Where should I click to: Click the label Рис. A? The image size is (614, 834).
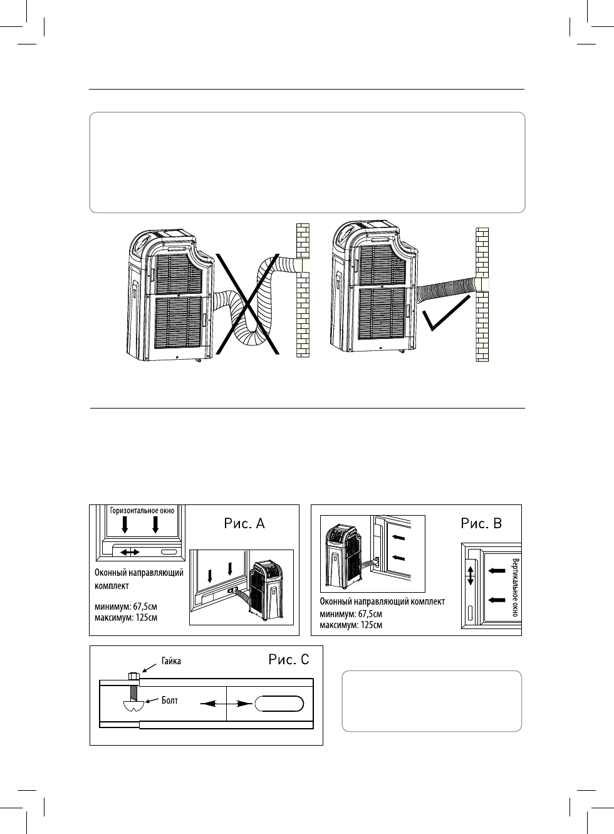244,523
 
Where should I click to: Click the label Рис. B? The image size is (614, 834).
481,523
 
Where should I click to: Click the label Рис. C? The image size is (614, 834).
289,659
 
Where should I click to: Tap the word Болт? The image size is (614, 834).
170,700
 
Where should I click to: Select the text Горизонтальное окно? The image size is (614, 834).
142,511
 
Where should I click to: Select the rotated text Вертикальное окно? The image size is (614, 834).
515,586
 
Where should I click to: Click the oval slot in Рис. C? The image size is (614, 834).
278,704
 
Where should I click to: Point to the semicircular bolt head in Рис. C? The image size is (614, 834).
133,706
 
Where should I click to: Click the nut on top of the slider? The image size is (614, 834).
132,675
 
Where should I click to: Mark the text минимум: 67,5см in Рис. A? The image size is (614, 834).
125,607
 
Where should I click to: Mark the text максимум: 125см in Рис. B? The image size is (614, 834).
351,625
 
